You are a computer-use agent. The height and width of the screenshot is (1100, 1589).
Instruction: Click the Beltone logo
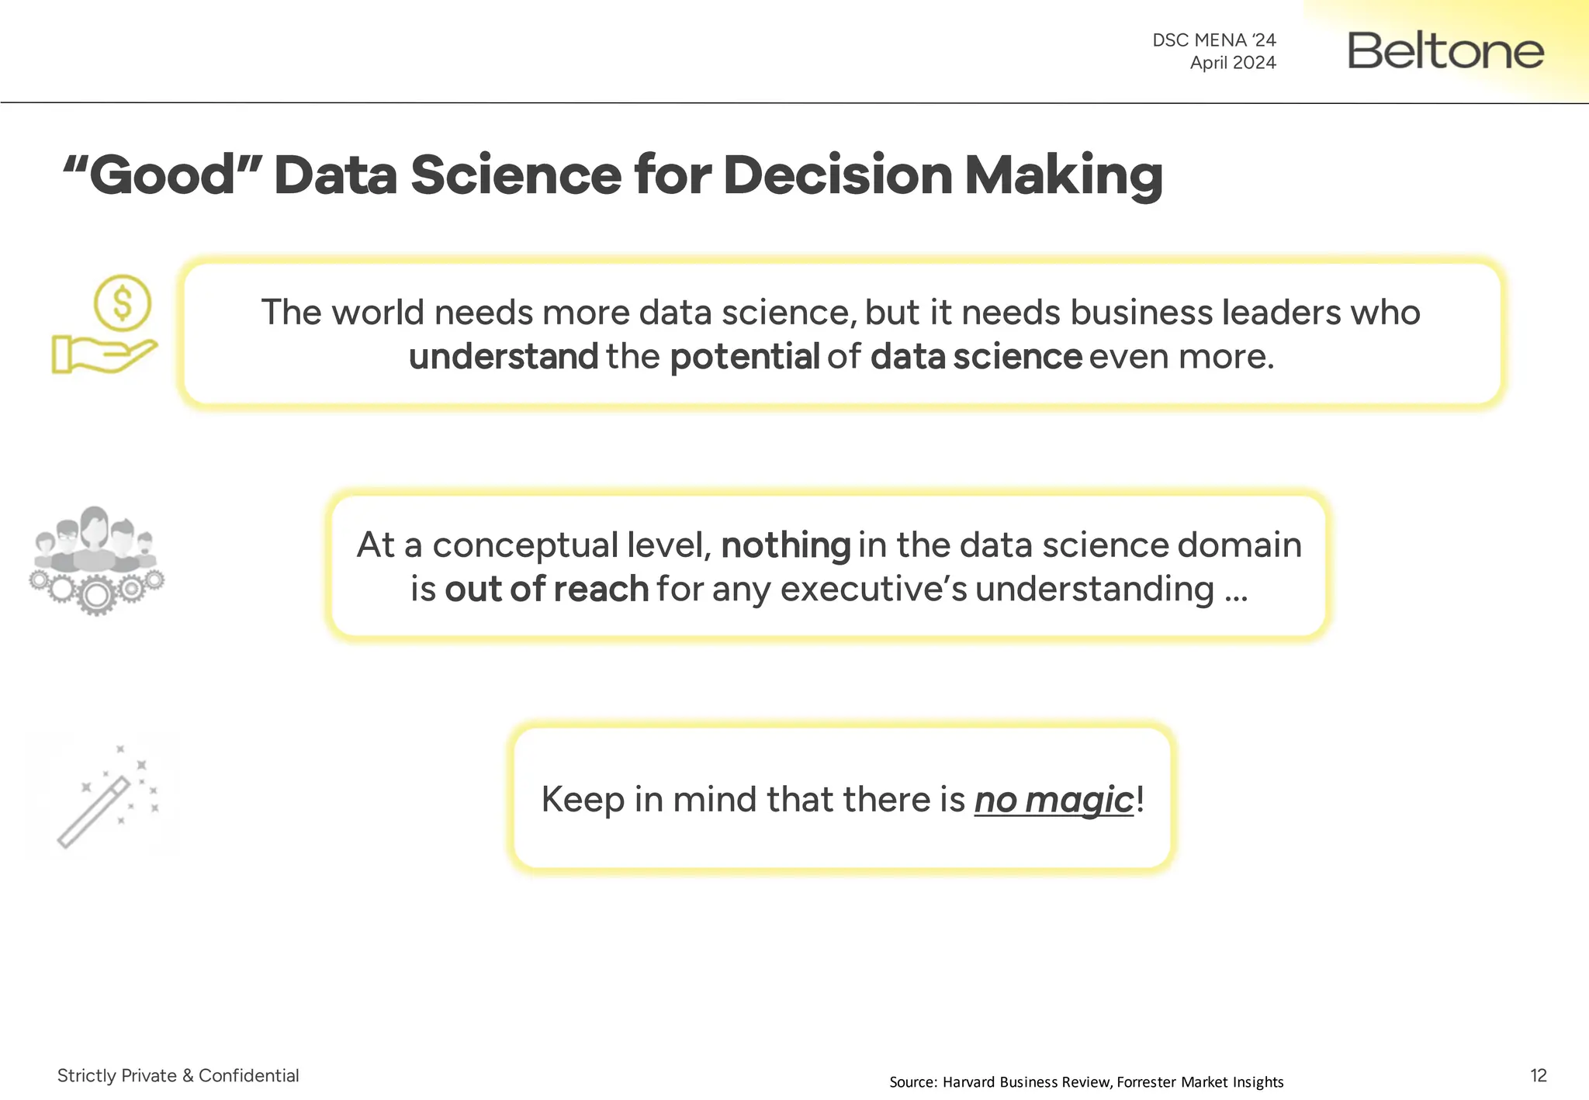[1445, 50]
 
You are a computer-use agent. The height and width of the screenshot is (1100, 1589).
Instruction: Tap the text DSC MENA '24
[1213, 40]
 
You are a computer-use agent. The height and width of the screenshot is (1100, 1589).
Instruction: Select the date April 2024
[1233, 62]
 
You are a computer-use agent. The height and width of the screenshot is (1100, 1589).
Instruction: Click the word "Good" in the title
[162, 175]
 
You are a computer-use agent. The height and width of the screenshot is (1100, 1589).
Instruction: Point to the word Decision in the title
[837, 175]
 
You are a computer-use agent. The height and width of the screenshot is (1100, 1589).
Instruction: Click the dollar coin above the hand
[123, 303]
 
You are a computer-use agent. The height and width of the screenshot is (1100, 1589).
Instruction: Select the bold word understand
[503, 357]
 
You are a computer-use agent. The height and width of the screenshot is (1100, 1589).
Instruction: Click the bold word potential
[744, 357]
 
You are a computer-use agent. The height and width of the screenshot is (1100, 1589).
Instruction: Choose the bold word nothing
[785, 545]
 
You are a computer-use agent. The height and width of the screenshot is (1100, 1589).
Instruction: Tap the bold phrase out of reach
[546, 590]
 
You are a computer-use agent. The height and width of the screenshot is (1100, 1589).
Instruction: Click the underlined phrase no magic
[1054, 800]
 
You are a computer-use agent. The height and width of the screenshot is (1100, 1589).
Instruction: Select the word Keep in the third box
[582, 800]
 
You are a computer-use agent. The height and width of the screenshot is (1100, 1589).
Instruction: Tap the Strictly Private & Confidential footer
[178, 1075]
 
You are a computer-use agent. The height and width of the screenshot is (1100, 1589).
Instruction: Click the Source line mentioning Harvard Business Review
[1086, 1081]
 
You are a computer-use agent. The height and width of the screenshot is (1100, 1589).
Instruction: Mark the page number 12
[1538, 1075]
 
